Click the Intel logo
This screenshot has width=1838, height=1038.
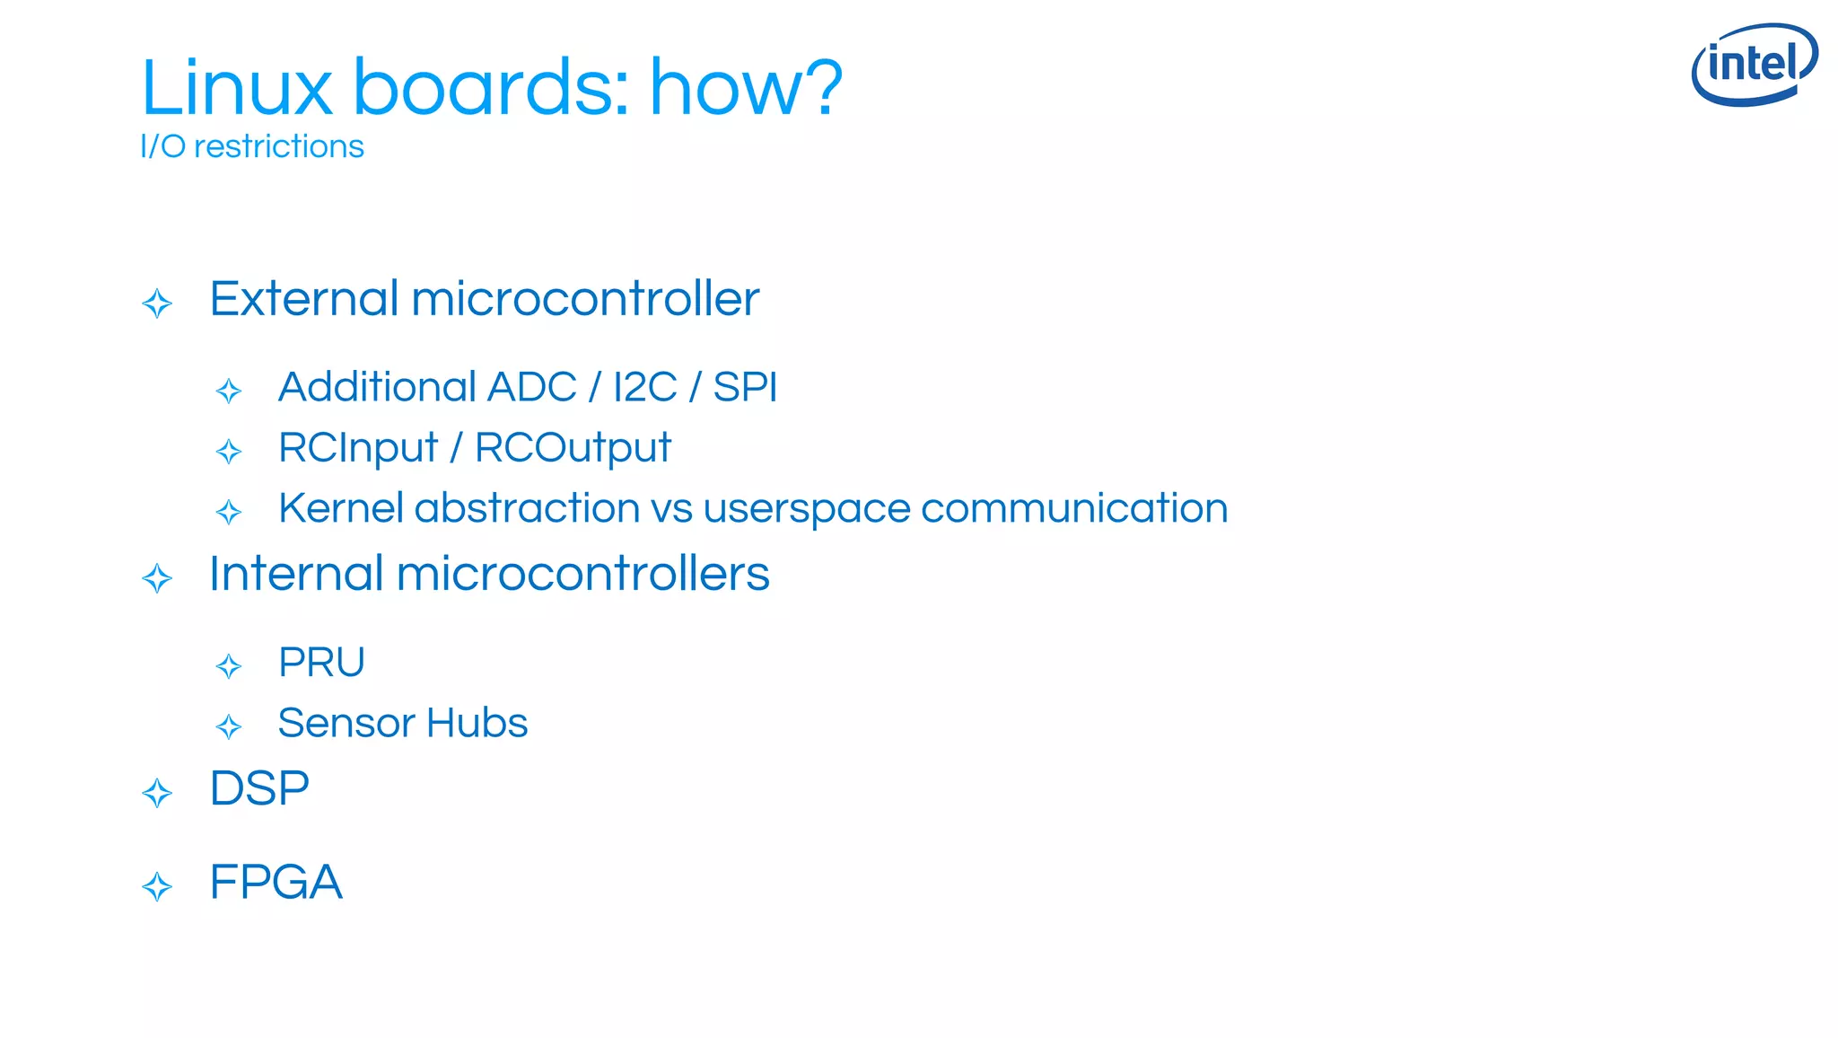1754,64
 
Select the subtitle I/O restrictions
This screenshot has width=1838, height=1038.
252,146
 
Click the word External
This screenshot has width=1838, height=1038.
304,299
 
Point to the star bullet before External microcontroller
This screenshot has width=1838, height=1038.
157,303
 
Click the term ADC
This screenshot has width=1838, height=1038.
532,388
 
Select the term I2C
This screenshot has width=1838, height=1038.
644,388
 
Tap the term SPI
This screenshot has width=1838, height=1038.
744,388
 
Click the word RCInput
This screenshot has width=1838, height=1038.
357,448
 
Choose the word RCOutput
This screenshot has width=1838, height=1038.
573,448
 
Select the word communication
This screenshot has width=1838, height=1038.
1073,508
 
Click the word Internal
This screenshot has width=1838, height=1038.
296,574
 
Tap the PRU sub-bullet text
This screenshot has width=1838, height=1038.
321,663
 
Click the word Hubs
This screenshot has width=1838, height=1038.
477,723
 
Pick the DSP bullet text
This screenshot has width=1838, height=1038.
259,789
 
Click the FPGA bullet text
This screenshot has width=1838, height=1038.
276,883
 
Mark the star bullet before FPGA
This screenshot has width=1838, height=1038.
157,887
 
